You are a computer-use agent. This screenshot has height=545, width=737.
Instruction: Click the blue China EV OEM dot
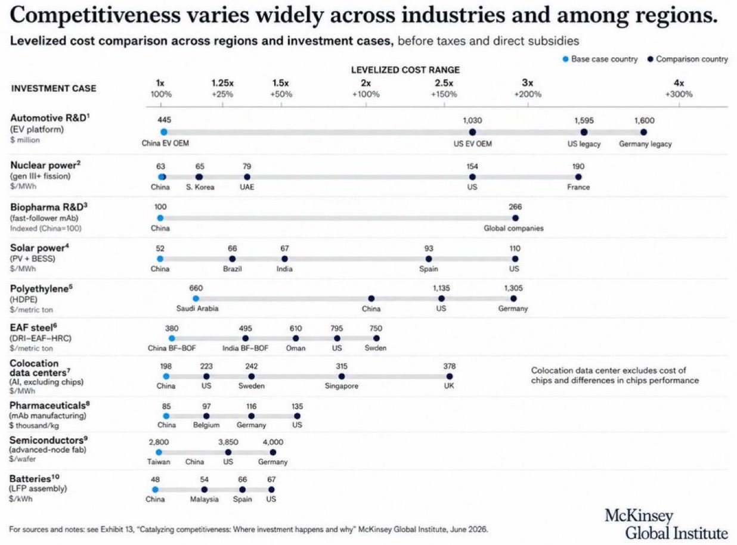(x=164, y=132)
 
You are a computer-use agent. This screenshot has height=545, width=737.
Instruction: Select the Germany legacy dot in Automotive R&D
(x=643, y=132)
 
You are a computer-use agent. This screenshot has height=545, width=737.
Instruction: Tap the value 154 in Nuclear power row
(x=472, y=166)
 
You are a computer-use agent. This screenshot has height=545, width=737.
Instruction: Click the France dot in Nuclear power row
(x=578, y=177)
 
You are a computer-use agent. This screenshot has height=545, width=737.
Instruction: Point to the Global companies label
(x=513, y=228)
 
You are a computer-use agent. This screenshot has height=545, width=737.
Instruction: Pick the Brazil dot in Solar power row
(x=233, y=259)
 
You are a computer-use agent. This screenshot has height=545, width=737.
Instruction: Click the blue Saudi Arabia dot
(x=196, y=298)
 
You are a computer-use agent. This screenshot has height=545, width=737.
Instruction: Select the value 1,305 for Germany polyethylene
(x=513, y=288)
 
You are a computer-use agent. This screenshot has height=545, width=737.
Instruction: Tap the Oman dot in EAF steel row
(x=296, y=338)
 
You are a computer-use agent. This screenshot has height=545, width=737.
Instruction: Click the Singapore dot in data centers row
(x=342, y=376)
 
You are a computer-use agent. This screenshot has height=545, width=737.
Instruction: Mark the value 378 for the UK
(x=449, y=366)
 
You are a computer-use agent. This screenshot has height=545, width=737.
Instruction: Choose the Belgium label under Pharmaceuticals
(x=206, y=425)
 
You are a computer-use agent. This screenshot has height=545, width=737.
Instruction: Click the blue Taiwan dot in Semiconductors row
(x=159, y=452)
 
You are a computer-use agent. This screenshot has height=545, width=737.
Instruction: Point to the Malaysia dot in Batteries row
(x=205, y=490)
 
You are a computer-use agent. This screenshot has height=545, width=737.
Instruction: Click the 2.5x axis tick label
(x=444, y=83)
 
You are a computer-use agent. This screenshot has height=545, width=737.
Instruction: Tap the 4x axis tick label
(x=679, y=83)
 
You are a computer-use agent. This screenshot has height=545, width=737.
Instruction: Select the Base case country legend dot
(x=565, y=60)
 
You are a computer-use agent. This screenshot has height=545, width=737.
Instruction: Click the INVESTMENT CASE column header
(x=54, y=88)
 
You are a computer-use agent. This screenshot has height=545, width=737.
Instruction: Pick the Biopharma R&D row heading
(x=49, y=207)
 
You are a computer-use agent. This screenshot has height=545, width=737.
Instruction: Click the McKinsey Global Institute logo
(x=666, y=525)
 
